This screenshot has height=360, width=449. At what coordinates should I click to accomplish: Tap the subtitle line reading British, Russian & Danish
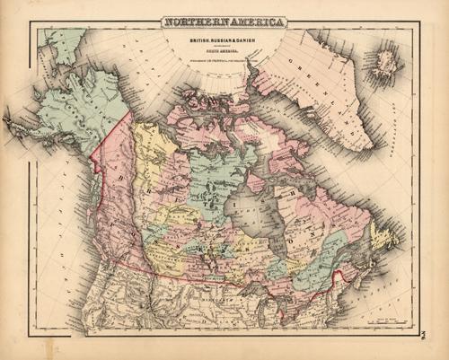click(224, 40)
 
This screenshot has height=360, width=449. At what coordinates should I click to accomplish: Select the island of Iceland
click(387, 61)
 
